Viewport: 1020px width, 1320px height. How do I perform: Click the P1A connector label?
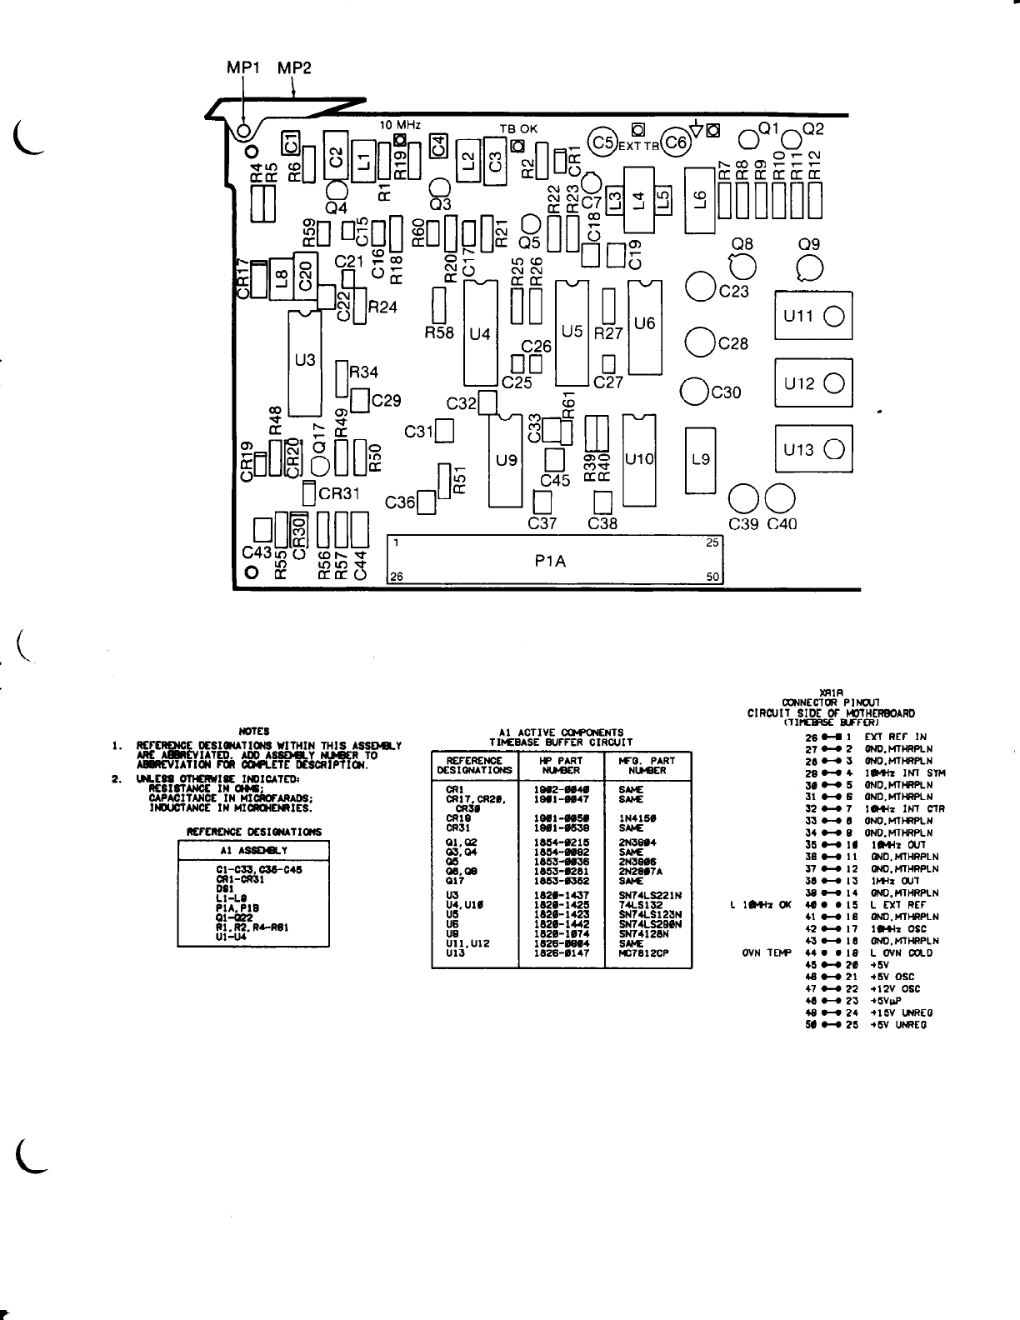pyautogui.click(x=550, y=561)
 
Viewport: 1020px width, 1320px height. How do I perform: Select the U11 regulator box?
pyautogui.click(x=813, y=315)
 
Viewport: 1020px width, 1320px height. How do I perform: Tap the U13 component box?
pyautogui.click(x=813, y=450)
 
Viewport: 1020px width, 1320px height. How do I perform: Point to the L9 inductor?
pyautogui.click(x=701, y=458)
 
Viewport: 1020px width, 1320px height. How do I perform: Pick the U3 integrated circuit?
pyautogui.click(x=305, y=362)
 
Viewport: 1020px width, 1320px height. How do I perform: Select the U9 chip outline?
pyautogui.click(x=506, y=459)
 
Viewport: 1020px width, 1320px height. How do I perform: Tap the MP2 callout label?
pyautogui.click(x=294, y=68)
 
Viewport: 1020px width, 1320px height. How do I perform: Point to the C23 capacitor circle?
pyautogui.click(x=700, y=287)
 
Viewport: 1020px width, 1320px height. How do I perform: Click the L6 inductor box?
pyautogui.click(x=700, y=200)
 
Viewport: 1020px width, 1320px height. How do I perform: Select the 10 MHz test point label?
pyautogui.click(x=400, y=125)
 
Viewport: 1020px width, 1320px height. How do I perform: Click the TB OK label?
pyautogui.click(x=518, y=129)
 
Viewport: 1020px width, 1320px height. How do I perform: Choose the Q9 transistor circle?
pyautogui.click(x=809, y=267)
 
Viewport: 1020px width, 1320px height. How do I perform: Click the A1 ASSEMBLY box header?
pyautogui.click(x=253, y=850)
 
